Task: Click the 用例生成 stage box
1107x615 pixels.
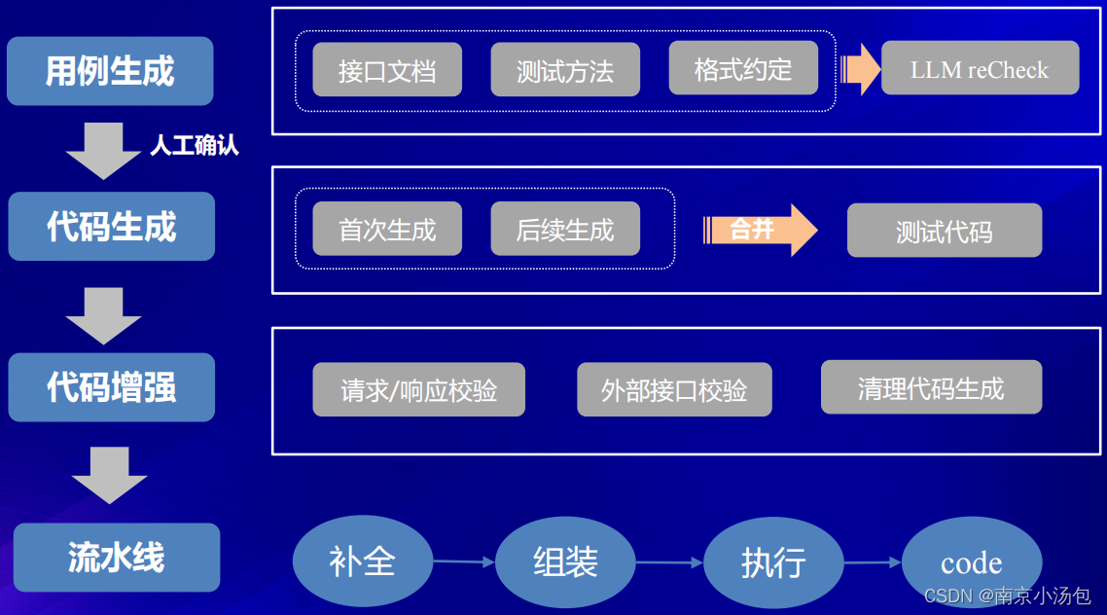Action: click(x=110, y=71)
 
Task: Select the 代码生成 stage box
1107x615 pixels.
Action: click(x=111, y=227)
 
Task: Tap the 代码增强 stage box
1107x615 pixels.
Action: click(x=111, y=387)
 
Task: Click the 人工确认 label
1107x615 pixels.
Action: click(x=195, y=146)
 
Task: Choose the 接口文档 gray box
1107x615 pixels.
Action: click(x=387, y=70)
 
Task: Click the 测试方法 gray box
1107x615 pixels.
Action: click(x=565, y=70)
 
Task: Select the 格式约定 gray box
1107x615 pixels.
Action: click(x=743, y=69)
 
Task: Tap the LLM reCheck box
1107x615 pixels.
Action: click(x=980, y=69)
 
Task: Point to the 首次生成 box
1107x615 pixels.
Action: click(x=387, y=230)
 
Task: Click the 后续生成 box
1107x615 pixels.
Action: click(x=565, y=230)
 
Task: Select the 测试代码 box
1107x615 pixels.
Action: click(x=944, y=231)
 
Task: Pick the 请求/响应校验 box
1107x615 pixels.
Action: click(x=418, y=390)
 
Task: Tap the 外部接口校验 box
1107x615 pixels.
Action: click(x=674, y=390)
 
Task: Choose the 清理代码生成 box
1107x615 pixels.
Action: click(x=931, y=387)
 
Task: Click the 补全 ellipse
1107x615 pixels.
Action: click(x=363, y=561)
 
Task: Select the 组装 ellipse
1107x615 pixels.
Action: click(x=565, y=561)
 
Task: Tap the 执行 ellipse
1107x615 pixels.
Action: click(x=773, y=561)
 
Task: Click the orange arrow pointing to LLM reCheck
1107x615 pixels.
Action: click(x=860, y=69)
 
